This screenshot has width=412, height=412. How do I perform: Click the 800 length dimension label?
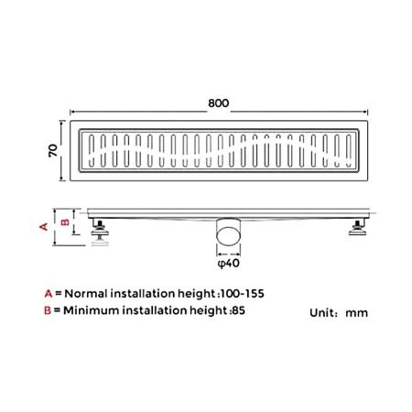[219, 103]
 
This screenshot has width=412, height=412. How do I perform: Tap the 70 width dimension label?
[53, 150]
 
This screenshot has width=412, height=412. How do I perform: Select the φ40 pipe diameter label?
[229, 263]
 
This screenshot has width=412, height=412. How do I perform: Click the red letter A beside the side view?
[44, 226]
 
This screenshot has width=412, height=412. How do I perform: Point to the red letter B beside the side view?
[65, 222]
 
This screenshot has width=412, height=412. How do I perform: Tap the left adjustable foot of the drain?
[100, 232]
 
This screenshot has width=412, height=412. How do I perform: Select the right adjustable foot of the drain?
[358, 228]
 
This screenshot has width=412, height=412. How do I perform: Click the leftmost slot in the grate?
[92, 151]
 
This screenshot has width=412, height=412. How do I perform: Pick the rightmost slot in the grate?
[349, 151]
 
